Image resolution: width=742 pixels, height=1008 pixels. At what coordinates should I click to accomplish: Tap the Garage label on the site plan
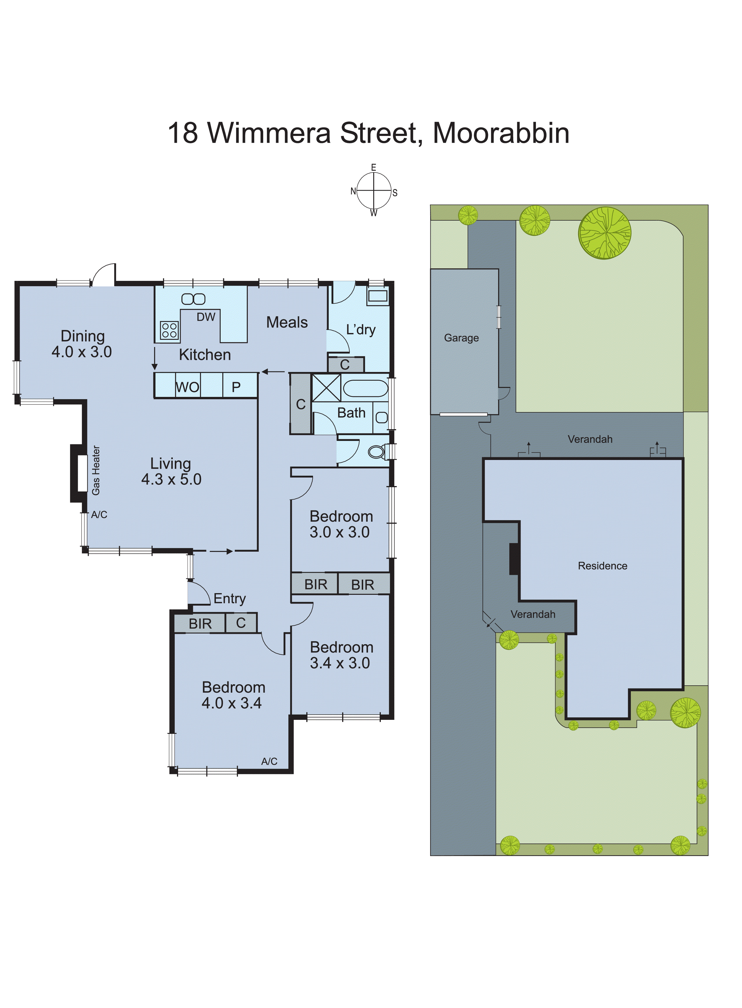click(x=461, y=338)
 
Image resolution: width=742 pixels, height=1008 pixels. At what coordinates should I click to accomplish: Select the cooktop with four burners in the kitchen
click(x=169, y=330)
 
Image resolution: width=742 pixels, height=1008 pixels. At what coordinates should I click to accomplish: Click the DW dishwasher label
click(x=206, y=317)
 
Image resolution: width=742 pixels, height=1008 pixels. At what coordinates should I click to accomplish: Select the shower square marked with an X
click(x=326, y=388)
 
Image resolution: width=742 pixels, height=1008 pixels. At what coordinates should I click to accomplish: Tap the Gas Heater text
click(x=96, y=470)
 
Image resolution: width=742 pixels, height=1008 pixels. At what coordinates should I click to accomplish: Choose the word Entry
click(x=230, y=598)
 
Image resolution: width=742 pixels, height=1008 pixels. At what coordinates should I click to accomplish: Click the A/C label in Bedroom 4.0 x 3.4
click(x=269, y=761)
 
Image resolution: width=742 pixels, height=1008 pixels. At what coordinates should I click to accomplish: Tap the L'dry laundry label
click(x=361, y=330)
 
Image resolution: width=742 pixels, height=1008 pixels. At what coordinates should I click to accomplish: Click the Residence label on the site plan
click(x=602, y=566)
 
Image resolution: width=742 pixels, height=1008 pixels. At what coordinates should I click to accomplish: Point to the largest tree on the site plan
click(x=605, y=233)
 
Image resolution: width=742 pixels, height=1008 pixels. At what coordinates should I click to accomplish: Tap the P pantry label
click(x=236, y=387)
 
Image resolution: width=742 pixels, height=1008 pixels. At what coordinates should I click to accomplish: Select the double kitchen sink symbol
click(x=193, y=299)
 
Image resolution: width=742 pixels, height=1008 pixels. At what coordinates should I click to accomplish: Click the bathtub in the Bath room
click(x=365, y=388)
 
